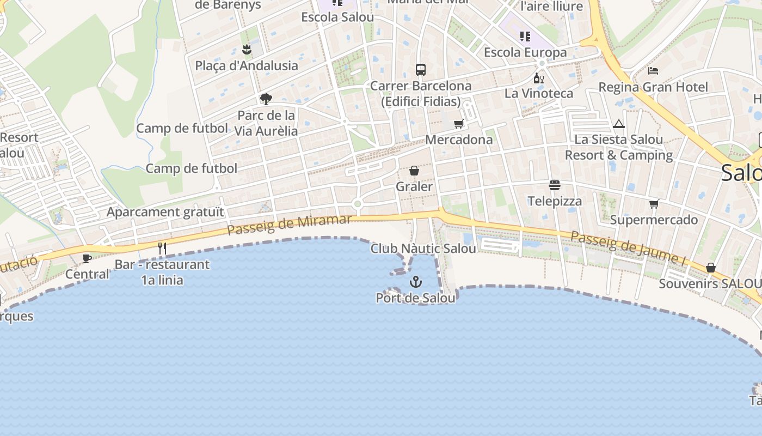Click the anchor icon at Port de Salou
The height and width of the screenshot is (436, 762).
(x=416, y=282)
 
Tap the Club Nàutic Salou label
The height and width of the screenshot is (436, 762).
(x=423, y=249)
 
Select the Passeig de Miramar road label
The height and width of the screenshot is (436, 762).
(x=289, y=225)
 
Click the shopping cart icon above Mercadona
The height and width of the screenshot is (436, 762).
(x=459, y=124)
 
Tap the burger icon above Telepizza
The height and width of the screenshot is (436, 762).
(x=555, y=186)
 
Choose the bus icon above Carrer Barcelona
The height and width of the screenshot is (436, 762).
(x=421, y=70)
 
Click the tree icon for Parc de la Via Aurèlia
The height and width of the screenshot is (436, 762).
(x=266, y=99)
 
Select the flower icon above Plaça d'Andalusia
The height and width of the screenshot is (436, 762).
(x=247, y=50)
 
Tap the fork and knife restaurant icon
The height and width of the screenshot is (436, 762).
(x=162, y=249)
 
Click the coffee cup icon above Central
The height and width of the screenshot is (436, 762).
(x=87, y=258)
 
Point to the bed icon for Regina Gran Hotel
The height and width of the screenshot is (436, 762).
(x=653, y=71)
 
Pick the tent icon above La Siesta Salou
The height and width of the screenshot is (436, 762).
(x=618, y=124)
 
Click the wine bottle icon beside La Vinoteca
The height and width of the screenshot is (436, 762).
(x=538, y=78)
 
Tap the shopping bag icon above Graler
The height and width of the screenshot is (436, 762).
(x=414, y=171)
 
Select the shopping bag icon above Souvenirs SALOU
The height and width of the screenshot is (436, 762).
(x=711, y=268)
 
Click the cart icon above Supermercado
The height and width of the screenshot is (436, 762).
(x=654, y=204)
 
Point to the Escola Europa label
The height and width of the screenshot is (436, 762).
(x=525, y=52)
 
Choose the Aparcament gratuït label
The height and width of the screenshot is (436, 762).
(x=165, y=212)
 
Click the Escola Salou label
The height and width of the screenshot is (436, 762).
(x=337, y=17)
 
